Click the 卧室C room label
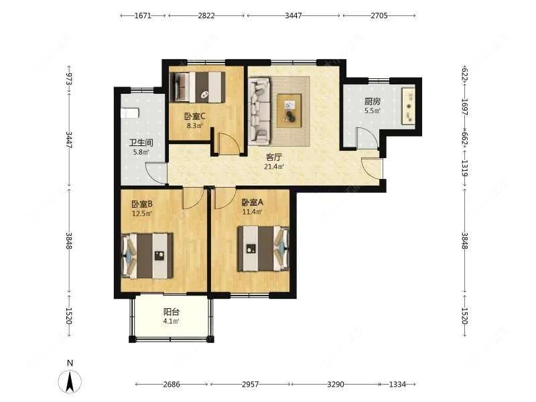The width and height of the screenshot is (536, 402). pyautogui.click(x=194, y=117)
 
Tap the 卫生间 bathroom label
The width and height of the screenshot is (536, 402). pyautogui.click(x=141, y=143)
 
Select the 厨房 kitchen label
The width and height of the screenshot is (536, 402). pyautogui.click(x=373, y=102)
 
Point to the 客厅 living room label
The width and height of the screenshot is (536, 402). pyautogui.click(x=274, y=157)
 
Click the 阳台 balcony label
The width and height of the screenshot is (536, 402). pyautogui.click(x=172, y=312)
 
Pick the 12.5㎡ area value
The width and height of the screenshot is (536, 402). pyautogui.click(x=142, y=214)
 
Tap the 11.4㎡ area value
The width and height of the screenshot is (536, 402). pyautogui.click(x=253, y=212)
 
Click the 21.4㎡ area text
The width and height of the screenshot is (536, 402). pyautogui.click(x=274, y=167)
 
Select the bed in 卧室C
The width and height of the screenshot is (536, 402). pyautogui.click(x=198, y=87)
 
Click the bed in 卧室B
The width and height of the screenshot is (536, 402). pyautogui.click(x=147, y=256)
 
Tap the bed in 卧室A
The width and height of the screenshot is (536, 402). pyautogui.click(x=263, y=249)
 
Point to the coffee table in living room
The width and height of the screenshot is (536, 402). pyautogui.click(x=289, y=111)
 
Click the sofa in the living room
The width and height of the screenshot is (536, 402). pyautogui.click(x=260, y=110)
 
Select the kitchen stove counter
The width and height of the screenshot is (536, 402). pyautogui.click(x=409, y=107)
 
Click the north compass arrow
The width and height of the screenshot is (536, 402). pyautogui.click(x=70, y=382)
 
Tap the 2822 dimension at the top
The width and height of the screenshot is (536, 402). pyautogui.click(x=206, y=15)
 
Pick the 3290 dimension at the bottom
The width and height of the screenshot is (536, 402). pyautogui.click(x=336, y=385)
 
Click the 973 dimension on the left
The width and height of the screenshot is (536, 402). pyautogui.click(x=69, y=79)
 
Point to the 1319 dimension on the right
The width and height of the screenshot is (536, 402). pyautogui.click(x=464, y=168)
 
